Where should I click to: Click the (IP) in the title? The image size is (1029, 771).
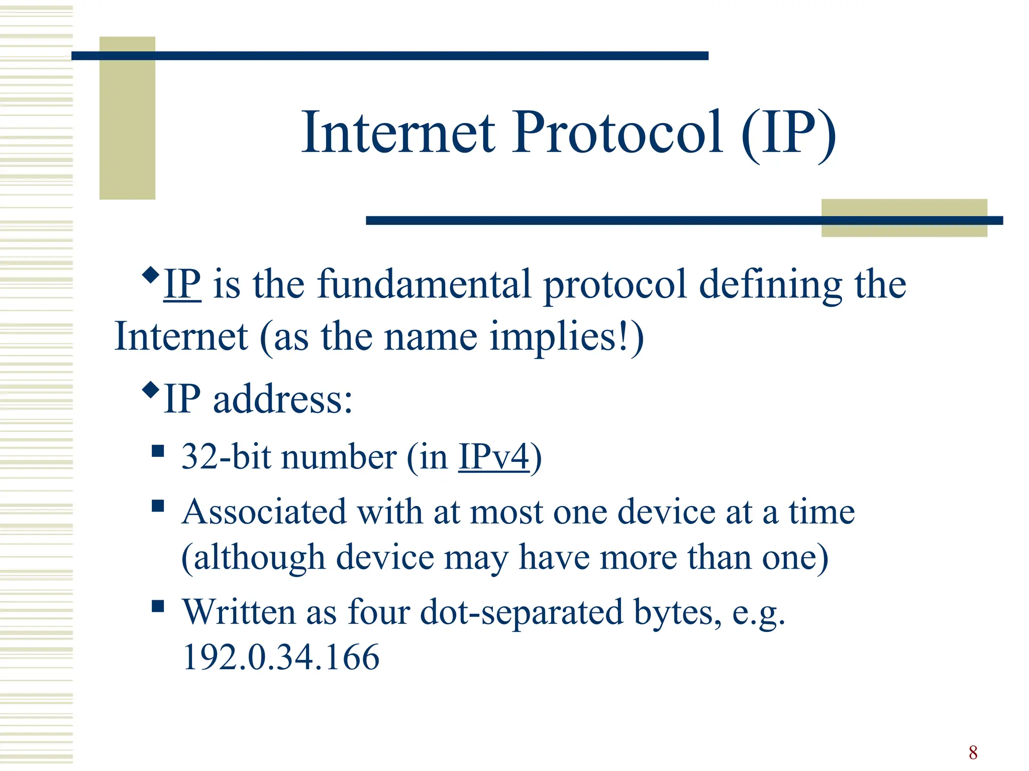click(x=788, y=134)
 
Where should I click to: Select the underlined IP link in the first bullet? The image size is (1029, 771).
click(x=182, y=285)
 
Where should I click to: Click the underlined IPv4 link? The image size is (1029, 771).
click(x=494, y=457)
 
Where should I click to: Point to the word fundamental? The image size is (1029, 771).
click(x=424, y=285)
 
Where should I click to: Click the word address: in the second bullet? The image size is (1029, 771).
click(x=283, y=400)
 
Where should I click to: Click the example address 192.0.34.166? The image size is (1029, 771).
click(x=281, y=657)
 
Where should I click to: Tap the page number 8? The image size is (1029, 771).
click(x=973, y=752)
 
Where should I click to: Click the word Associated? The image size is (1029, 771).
click(x=264, y=512)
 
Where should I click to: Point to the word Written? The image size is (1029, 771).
click(x=239, y=612)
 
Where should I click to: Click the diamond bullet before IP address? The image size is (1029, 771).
click(x=150, y=390)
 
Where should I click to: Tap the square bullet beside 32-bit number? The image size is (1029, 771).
click(x=158, y=451)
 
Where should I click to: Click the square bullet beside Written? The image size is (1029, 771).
click(x=158, y=606)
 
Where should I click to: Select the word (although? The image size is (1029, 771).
click(x=253, y=558)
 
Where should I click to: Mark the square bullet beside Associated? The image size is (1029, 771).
click(x=158, y=505)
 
